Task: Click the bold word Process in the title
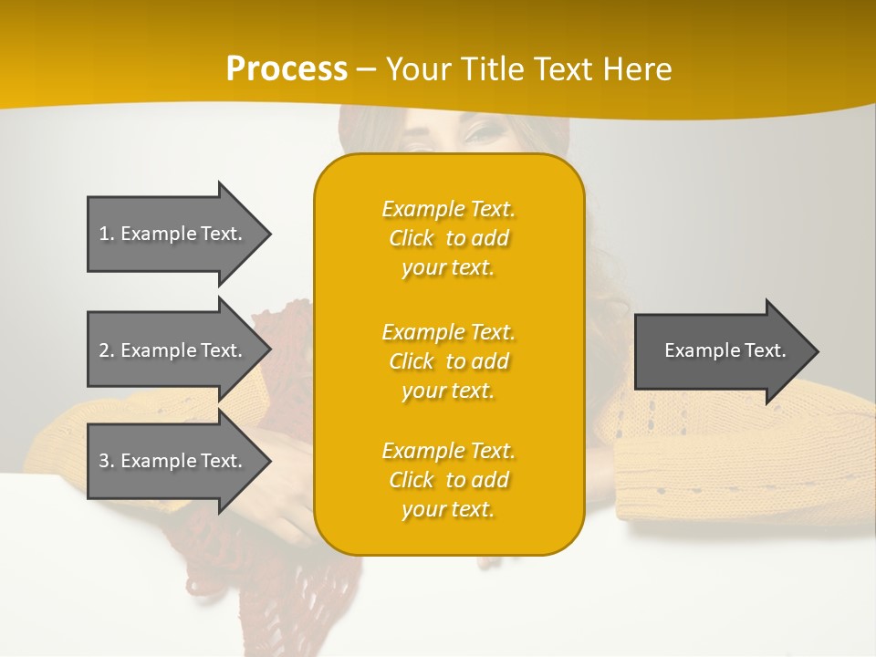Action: pos(287,69)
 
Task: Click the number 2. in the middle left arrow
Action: pos(107,350)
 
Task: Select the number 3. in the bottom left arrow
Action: pos(107,461)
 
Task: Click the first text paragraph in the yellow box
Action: pos(448,238)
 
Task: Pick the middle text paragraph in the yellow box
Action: pos(448,361)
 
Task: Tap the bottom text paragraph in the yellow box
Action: pos(448,480)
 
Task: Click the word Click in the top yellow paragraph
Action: pos(412,238)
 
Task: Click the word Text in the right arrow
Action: pos(765,350)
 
